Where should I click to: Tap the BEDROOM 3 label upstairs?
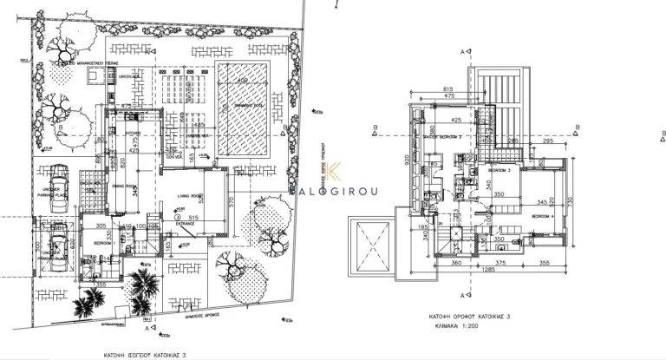[498, 171]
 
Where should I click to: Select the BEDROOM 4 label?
[541, 213]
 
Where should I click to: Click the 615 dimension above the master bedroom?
[447, 90]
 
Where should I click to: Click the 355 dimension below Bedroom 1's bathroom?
[101, 284]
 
